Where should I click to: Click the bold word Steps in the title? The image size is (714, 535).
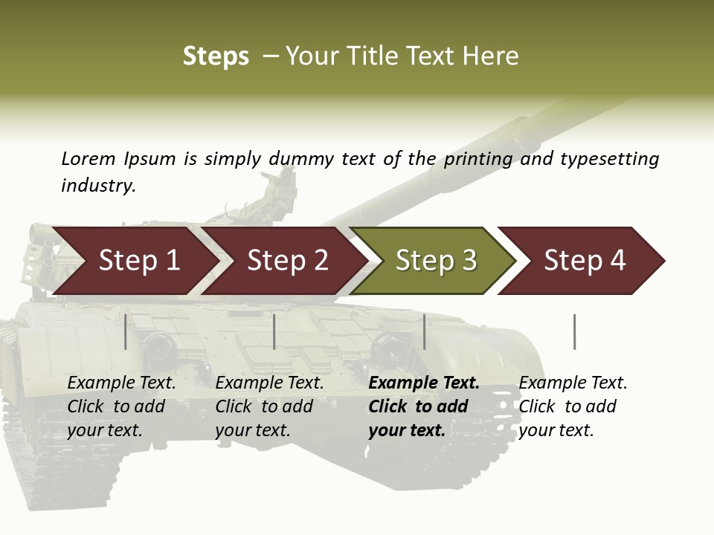coord(216,56)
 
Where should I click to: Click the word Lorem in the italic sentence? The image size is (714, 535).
coord(89,159)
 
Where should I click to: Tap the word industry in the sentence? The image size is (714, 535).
coord(98,186)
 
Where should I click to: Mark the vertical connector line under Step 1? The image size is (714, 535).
coord(126,331)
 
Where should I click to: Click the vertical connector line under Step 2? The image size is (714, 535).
coord(274,331)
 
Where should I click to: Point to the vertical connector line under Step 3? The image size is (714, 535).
coord(424,331)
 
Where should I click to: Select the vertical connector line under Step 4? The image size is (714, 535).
coord(574,331)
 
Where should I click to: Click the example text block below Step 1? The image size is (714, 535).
coord(121,406)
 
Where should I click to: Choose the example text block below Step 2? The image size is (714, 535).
coord(269,406)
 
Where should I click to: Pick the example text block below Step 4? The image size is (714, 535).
coord(573,406)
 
